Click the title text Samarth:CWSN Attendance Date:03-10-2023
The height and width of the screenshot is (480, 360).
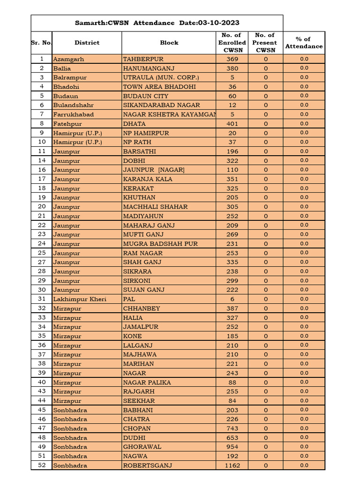[157, 23]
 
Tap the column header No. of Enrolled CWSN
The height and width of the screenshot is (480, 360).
[232, 43]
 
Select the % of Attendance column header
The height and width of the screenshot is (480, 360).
[304, 43]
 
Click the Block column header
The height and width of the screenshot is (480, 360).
[169, 43]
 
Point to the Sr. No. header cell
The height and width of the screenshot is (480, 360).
[42, 43]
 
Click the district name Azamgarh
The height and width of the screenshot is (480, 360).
[68, 59]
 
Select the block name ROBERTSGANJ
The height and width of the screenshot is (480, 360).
[147, 465]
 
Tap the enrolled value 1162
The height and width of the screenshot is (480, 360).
[232, 465]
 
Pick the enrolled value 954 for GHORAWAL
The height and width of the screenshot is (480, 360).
[232, 447]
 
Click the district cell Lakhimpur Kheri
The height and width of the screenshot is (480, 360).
[80, 299]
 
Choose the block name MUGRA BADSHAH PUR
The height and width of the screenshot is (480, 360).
[160, 244]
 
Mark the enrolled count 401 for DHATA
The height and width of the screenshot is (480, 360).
[232, 124]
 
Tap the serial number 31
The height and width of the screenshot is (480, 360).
[42, 299]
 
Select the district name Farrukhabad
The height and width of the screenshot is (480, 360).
[73, 114]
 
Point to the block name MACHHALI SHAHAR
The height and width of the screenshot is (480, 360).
[155, 207]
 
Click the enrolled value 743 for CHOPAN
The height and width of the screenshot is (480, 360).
[232, 428]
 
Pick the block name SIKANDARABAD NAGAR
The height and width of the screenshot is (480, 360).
[161, 105]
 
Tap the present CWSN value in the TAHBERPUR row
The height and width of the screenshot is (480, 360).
[266, 59]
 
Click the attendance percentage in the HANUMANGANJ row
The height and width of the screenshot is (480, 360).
[304, 68]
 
